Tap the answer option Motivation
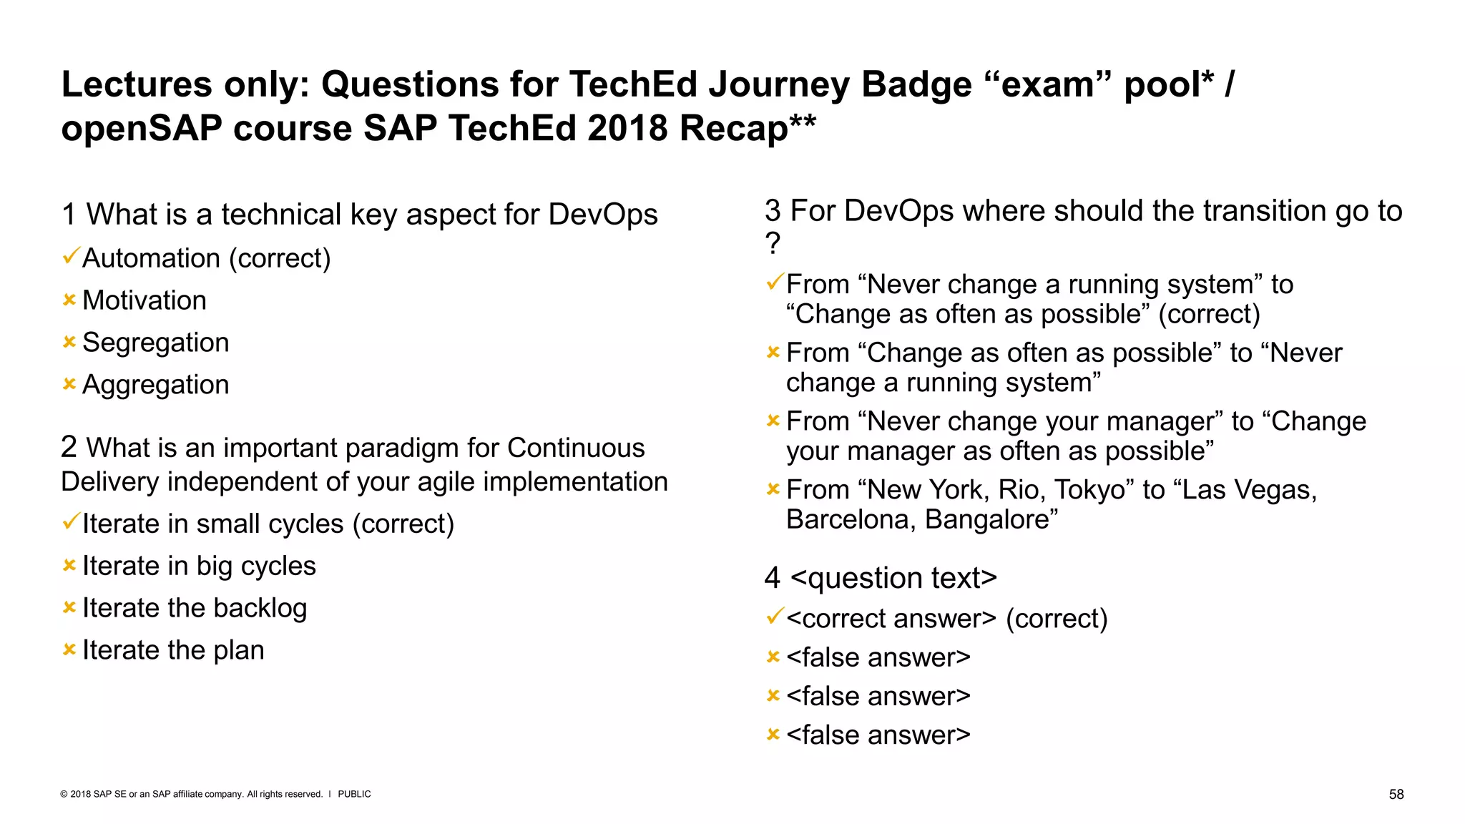[x=144, y=300]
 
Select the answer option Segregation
[x=155, y=343]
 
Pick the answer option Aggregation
[x=155, y=385]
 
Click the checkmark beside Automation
[x=70, y=255]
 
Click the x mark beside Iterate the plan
[x=69, y=649]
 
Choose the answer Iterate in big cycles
[x=198, y=566]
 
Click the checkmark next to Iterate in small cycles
[x=70, y=521]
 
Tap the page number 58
[x=1396, y=794]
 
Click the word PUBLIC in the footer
[x=354, y=794]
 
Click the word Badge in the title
[x=916, y=84]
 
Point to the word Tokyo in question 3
[x=1094, y=490]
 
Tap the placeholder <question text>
[x=893, y=578]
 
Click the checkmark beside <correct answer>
[x=774, y=616]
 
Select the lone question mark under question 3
[x=773, y=244]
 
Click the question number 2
[x=69, y=447]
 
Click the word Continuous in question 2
[x=576, y=448]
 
